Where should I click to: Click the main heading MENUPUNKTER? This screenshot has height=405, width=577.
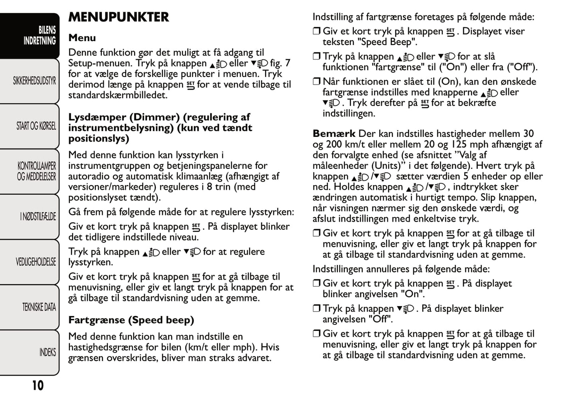tap(119, 17)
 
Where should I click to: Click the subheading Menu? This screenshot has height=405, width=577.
tap(82, 38)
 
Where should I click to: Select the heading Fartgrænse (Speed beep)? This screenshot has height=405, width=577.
tap(131, 320)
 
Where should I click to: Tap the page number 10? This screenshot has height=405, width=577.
tap(38, 385)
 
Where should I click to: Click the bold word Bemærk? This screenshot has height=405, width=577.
tap(334, 134)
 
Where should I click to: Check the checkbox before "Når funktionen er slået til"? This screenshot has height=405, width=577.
tap(317, 82)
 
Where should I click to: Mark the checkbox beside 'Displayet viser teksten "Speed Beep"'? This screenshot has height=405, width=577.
tap(317, 32)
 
